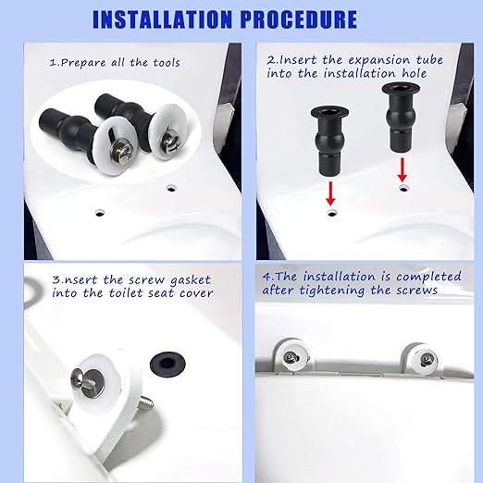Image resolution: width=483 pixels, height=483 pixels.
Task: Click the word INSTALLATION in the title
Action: click(175, 19)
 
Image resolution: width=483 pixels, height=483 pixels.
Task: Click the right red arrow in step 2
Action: click(402, 169)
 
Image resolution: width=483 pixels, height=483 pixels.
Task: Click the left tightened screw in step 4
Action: click(291, 356)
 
